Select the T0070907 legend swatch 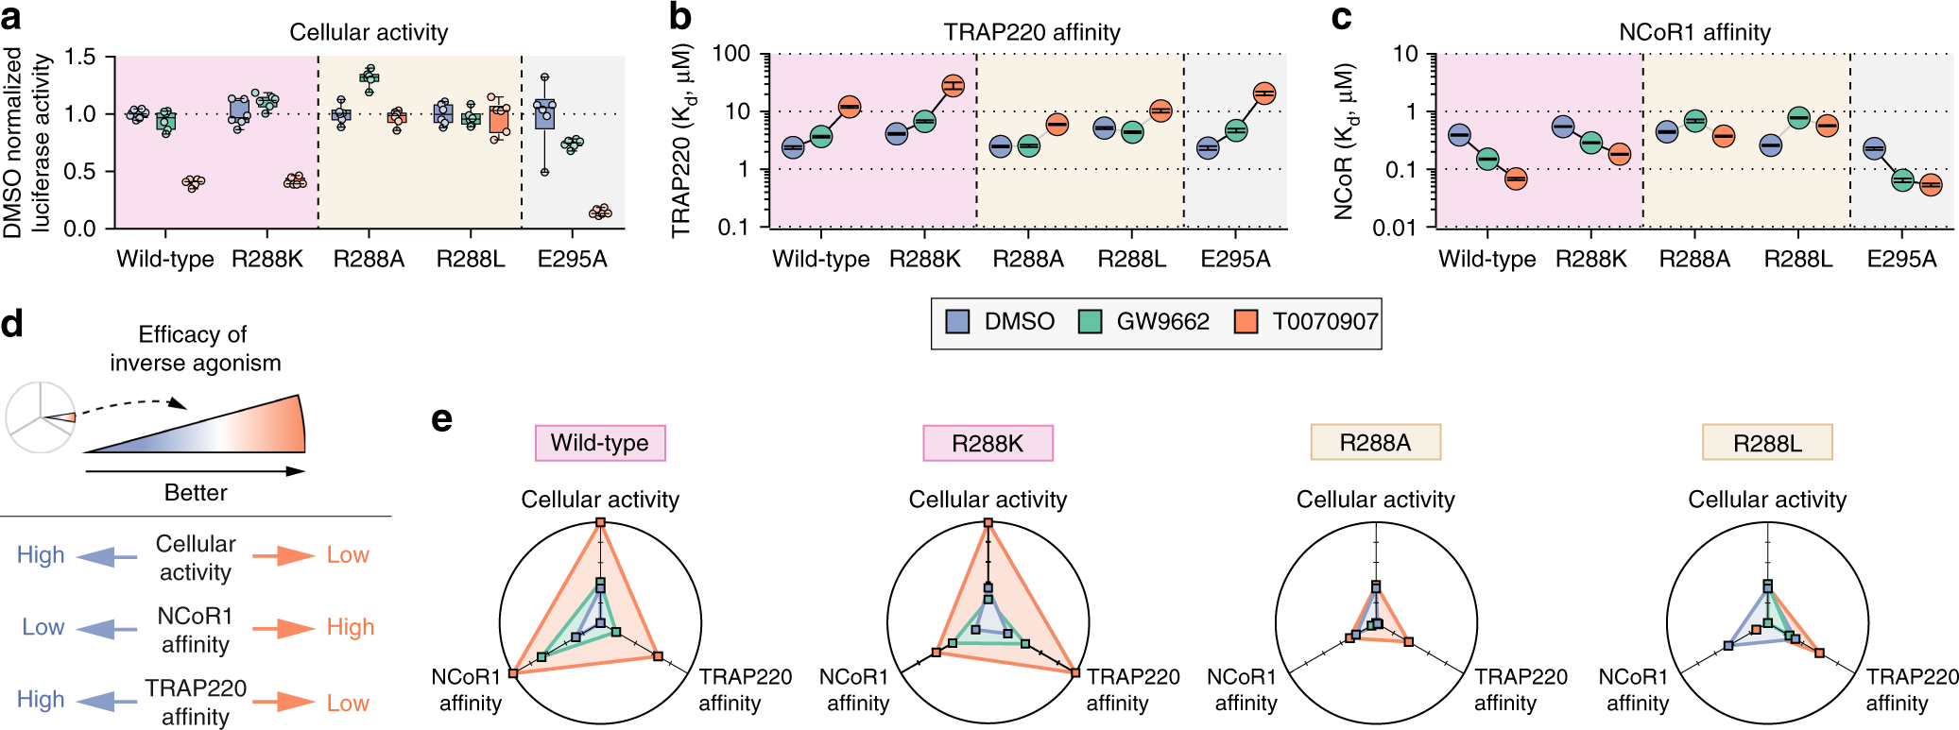1246,322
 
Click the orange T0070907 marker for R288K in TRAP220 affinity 953,86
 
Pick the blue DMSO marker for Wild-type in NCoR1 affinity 1459,135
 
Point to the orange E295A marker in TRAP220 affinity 1263,93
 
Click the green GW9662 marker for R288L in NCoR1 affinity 1798,118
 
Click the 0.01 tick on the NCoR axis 1397,228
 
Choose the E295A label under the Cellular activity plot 572,260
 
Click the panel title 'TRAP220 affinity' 1032,32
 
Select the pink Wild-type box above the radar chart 600,443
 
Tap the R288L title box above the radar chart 1767,443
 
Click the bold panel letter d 12,324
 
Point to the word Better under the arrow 196,492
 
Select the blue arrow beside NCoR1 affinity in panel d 107,628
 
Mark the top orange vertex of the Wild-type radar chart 600,522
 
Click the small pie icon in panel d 41,417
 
